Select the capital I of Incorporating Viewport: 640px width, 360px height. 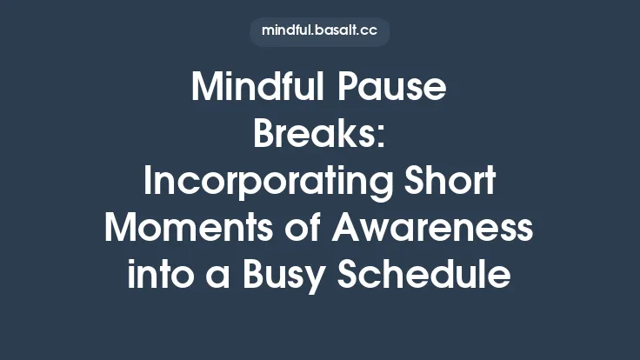tap(148, 183)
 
